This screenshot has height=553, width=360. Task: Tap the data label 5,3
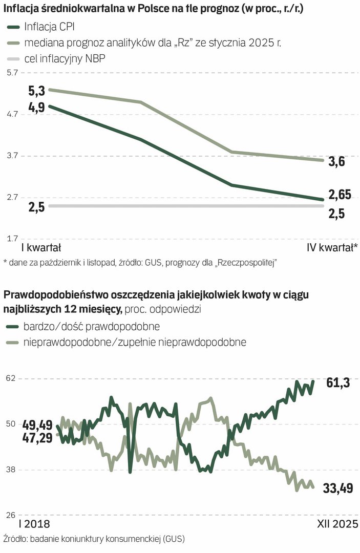(x=37, y=91)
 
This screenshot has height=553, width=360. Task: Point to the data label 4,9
(x=37, y=107)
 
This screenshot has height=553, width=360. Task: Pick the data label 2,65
(x=340, y=195)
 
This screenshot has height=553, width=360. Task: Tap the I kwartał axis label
(x=41, y=248)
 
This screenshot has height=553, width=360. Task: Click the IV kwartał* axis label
(x=332, y=248)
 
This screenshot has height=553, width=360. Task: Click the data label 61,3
(x=337, y=382)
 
